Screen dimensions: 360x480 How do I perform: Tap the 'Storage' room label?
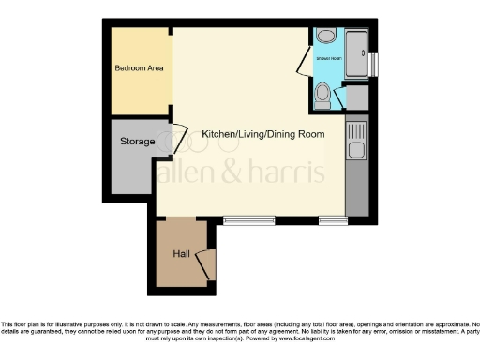click(137, 142)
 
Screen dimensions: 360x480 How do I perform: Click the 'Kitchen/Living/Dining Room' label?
click(263, 135)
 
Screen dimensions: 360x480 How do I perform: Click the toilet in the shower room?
click(323, 93)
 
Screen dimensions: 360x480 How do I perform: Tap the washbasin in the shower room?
click(325, 37)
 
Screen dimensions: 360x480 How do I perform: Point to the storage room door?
click(174, 138)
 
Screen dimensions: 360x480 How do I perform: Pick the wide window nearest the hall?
click(249, 221)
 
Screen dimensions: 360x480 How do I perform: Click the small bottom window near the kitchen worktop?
click(331, 221)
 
